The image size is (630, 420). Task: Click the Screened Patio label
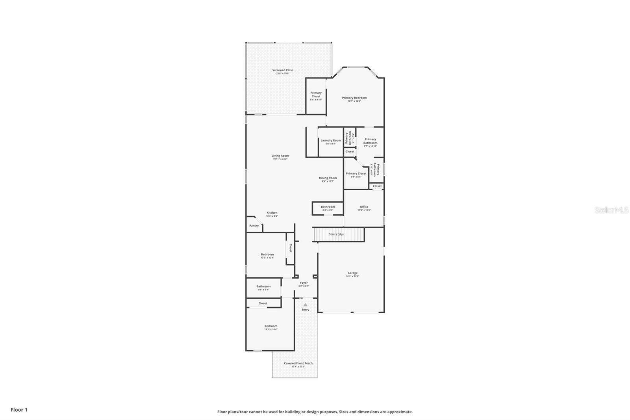click(x=283, y=71)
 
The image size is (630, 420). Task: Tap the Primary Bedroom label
click(x=354, y=99)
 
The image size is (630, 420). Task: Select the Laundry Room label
click(x=331, y=141)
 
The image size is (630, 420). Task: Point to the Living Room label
click(x=280, y=157)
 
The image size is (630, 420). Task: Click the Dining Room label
click(x=328, y=179)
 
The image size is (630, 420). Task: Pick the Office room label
click(x=364, y=208)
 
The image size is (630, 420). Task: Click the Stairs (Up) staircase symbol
click(x=339, y=234)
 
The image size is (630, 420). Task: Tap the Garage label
click(x=352, y=274)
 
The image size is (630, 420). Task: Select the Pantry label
click(x=254, y=226)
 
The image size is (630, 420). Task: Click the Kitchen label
click(x=272, y=214)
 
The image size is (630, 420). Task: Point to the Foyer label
click(x=304, y=284)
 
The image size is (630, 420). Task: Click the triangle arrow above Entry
click(x=305, y=305)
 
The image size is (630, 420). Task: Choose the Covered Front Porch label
click(x=298, y=364)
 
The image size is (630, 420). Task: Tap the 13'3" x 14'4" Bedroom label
click(x=271, y=327)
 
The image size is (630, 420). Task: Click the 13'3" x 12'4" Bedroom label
click(x=267, y=256)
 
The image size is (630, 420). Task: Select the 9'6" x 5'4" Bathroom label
click(x=263, y=288)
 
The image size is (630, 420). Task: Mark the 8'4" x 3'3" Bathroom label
click(x=328, y=208)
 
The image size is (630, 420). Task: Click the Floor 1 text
click(x=19, y=410)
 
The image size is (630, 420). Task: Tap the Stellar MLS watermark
click(x=611, y=210)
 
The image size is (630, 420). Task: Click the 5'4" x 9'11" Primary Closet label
click(x=316, y=96)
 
